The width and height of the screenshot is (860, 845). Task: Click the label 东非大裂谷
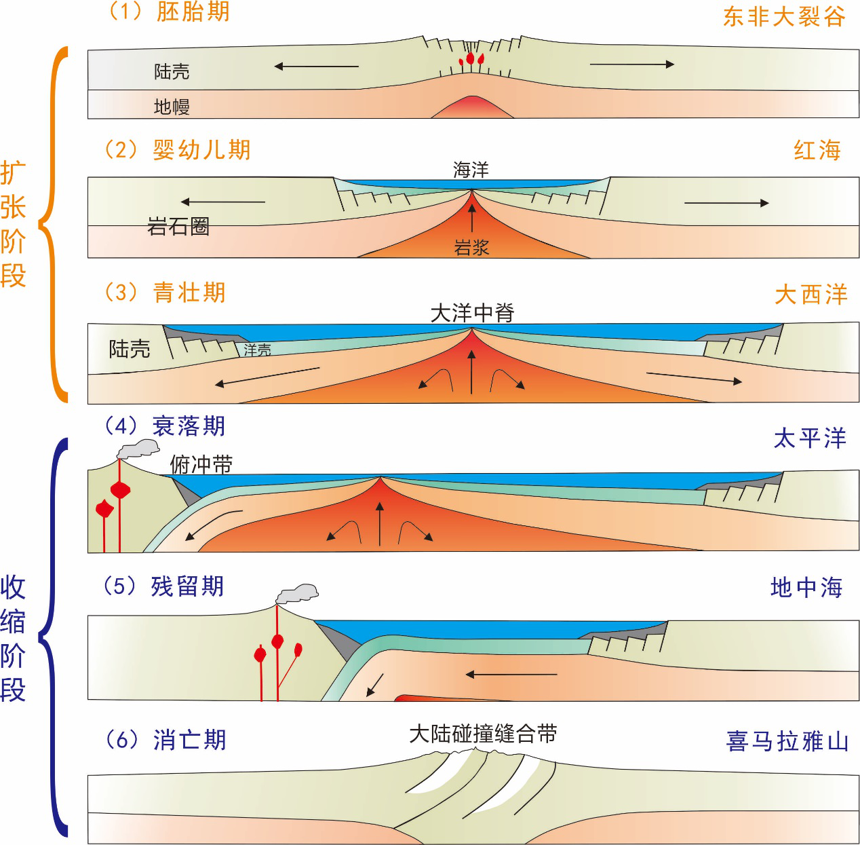783,16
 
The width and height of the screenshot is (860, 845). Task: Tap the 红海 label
817,150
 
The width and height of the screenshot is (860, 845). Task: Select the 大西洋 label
811,295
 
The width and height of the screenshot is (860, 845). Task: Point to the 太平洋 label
810,438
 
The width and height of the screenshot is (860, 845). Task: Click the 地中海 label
806,587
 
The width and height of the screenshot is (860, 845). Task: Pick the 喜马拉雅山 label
787,740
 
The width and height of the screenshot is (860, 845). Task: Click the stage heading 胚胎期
193,12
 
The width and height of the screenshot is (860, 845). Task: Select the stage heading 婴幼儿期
201,149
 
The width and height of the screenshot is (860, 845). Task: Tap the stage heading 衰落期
189,426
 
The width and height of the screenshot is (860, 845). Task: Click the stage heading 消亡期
189,739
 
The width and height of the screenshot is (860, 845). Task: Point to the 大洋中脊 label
473,313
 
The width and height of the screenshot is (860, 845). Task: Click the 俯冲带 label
201,465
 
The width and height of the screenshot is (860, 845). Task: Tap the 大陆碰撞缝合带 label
483,734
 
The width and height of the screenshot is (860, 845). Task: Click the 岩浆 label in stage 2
471,248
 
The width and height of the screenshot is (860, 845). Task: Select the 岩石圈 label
178,226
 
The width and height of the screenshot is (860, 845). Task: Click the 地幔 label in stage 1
172,107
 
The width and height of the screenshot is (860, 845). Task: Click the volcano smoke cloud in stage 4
139,449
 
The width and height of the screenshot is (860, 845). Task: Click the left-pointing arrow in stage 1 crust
316,67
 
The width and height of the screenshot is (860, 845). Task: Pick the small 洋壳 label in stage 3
258,350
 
